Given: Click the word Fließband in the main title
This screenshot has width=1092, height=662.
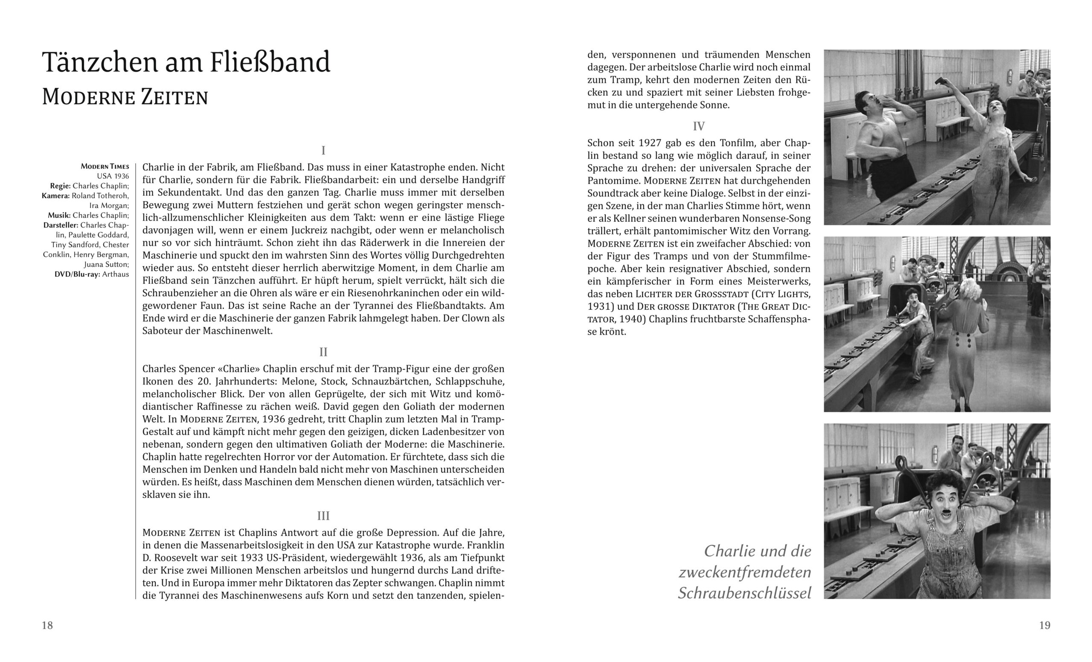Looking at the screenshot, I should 270,62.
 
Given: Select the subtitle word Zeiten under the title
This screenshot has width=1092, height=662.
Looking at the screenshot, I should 174,97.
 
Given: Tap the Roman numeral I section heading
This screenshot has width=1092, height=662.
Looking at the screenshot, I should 323,150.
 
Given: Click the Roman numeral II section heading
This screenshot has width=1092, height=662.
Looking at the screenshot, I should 323,352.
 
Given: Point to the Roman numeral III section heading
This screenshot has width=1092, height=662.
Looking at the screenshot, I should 323,516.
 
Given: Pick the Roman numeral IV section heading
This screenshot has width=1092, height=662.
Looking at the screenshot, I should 698,126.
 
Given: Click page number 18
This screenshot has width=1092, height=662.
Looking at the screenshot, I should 47,625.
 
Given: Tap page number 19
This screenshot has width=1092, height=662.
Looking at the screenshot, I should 1045,625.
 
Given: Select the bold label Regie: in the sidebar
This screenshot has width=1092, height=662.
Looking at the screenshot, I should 60,186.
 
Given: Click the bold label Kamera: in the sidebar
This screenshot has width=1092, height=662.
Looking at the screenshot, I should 56,196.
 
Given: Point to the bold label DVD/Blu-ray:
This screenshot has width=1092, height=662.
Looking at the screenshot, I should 77,274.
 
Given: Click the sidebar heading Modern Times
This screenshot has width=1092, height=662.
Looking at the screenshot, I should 105,167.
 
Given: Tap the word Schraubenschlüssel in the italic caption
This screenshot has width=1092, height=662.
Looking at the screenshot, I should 744,593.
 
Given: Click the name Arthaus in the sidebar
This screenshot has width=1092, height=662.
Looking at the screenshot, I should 115,274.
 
